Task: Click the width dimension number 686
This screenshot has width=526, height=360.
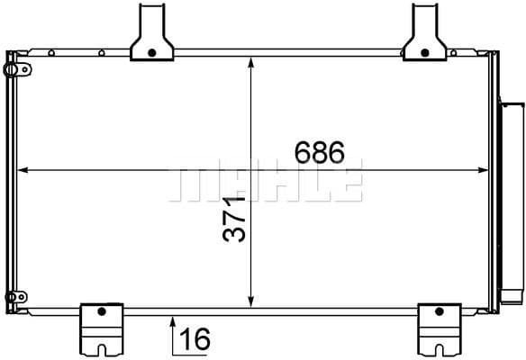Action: [320, 152]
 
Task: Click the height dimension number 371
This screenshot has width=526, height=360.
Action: [234, 220]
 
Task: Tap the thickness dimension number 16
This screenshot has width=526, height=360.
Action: [195, 338]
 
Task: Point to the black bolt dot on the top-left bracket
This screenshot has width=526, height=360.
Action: [152, 52]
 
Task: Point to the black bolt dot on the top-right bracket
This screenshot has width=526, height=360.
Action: [425, 52]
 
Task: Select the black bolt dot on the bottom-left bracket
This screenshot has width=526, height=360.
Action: [102, 311]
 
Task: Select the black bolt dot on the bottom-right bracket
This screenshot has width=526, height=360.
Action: [440, 311]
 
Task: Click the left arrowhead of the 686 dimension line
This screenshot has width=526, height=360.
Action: [23, 170]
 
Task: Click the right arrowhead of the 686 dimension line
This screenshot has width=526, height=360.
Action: [483, 170]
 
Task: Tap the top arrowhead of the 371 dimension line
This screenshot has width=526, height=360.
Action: [251, 62]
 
